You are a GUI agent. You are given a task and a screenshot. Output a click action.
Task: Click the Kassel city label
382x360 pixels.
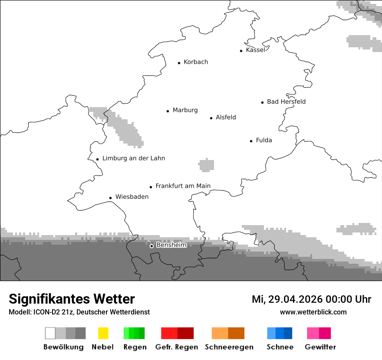click(x=255, y=50)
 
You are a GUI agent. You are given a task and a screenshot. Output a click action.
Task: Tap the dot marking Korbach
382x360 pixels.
click(x=179, y=63)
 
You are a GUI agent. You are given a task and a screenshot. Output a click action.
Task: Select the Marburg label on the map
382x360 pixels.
click(x=185, y=110)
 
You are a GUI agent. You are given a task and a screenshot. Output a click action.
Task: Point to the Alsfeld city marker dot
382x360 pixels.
click(x=211, y=118)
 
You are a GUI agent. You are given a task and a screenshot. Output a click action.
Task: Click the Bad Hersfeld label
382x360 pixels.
click(x=286, y=101)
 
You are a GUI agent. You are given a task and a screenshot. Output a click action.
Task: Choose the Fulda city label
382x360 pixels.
click(x=264, y=140)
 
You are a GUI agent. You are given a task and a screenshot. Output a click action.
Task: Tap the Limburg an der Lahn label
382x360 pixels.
click(x=133, y=158)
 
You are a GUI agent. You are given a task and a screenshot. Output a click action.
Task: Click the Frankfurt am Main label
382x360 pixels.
click(x=183, y=186)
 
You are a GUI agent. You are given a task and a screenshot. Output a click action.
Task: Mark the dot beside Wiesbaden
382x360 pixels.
click(x=111, y=198)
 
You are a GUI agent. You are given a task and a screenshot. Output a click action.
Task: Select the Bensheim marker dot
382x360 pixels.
click(x=151, y=246)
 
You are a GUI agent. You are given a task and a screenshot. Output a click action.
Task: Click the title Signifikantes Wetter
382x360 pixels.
click(x=72, y=299)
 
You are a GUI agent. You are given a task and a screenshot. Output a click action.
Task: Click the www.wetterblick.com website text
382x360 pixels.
click(x=313, y=312)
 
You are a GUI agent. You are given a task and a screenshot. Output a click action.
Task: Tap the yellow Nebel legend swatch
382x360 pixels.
click(x=103, y=333)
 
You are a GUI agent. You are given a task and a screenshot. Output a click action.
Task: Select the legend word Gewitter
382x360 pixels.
click(x=320, y=347)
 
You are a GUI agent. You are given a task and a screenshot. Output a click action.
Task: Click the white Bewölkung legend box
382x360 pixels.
click(x=50, y=333)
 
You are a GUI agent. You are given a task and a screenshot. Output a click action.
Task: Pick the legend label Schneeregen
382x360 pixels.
click(x=229, y=347)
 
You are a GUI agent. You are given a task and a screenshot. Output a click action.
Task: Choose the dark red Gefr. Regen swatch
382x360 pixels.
click(x=185, y=333)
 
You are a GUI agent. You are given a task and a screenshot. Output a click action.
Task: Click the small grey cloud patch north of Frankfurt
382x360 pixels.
click(x=206, y=165)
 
